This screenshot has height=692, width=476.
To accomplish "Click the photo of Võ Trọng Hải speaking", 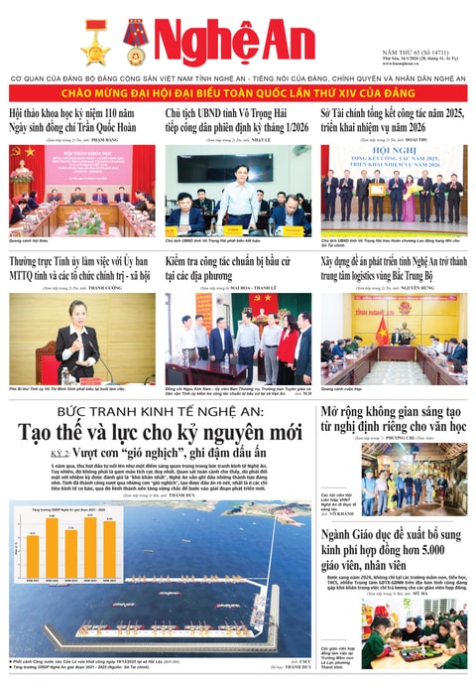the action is (x=237, y=189).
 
